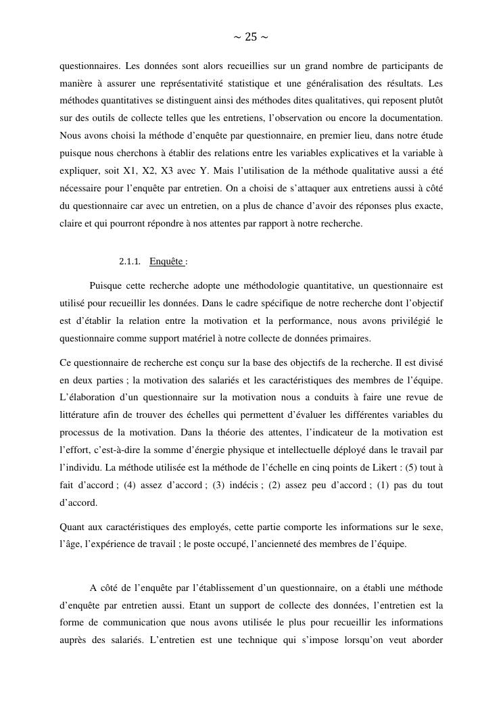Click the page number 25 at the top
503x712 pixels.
pos(250,37)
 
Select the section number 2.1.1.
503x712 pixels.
pos(130,262)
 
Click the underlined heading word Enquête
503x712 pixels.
pos(166,262)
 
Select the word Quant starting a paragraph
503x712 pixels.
pos(72,526)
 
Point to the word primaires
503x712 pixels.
pos(352,339)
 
